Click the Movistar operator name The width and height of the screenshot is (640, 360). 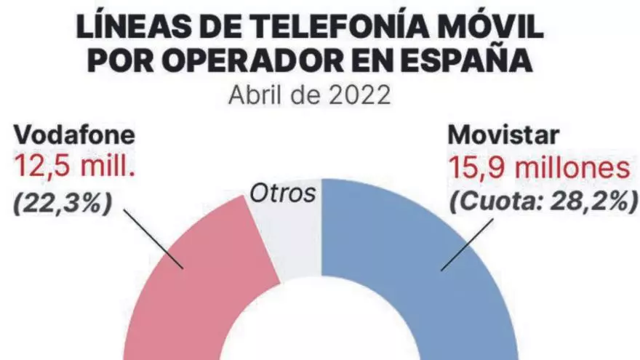click(x=505, y=135)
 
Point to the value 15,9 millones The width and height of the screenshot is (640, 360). click(x=537, y=169)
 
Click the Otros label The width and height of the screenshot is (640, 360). click(x=284, y=193)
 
